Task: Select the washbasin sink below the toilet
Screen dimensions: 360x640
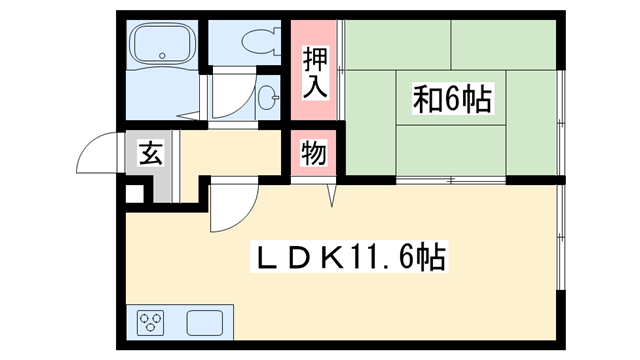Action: pos(267,98)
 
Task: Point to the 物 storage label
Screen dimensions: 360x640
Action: pos(314,155)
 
